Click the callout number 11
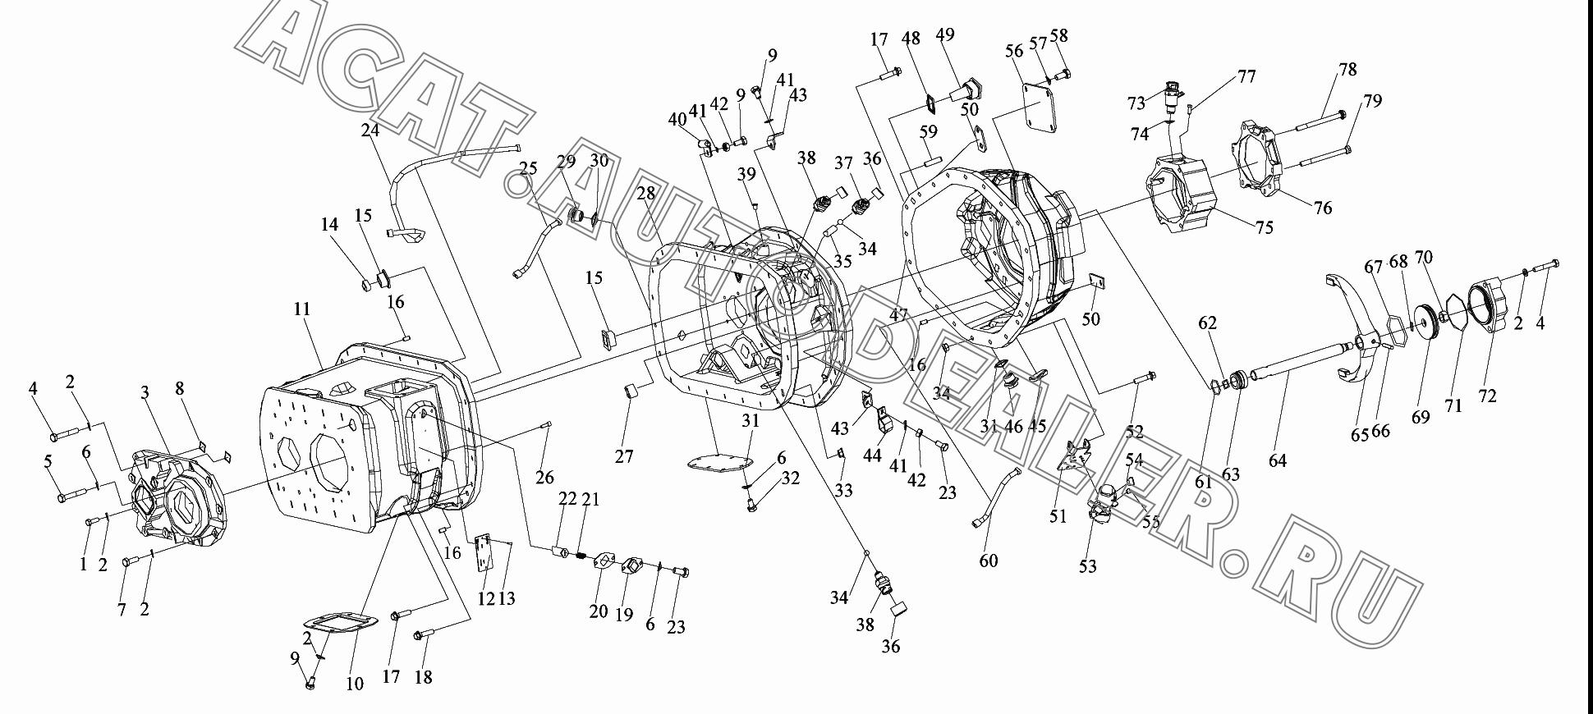(301, 309)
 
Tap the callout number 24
(370, 130)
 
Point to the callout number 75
(1265, 227)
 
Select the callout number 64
(1278, 460)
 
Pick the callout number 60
(989, 561)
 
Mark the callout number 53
(1087, 566)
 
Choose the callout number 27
(624, 455)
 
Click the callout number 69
(1421, 416)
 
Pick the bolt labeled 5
(72, 495)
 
